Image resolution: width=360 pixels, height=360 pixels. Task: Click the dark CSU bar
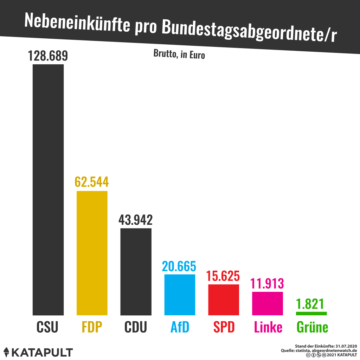(48, 190)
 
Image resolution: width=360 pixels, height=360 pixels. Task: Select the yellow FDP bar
(92, 253)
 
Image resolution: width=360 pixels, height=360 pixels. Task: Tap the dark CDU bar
(136, 272)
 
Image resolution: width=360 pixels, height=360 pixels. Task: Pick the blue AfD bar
(180, 295)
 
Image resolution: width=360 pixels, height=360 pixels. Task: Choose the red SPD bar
(224, 300)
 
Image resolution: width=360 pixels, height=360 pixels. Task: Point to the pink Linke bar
(268, 303)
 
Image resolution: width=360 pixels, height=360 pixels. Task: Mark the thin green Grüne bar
(311, 313)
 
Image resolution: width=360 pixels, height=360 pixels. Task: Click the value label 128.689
(48, 56)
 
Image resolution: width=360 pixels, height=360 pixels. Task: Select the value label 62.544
(92, 182)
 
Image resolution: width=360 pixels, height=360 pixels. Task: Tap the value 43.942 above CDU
(136, 220)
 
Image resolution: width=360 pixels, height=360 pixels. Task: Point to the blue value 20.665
(179, 266)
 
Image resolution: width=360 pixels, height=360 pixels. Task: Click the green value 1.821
(310, 304)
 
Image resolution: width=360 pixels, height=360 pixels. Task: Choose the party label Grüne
(312, 327)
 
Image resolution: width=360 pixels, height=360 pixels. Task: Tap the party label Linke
(268, 327)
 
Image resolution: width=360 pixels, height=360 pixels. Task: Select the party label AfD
(180, 327)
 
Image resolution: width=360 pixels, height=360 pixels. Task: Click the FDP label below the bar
(92, 327)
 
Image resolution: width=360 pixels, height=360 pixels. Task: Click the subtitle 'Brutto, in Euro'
(179, 54)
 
